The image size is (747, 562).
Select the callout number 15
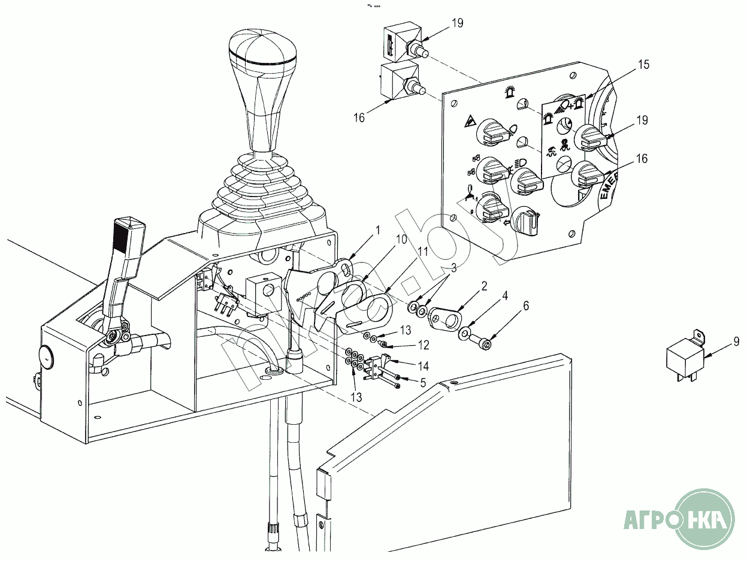pyautogui.click(x=643, y=65)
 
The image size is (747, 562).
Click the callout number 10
pyautogui.click(x=401, y=240)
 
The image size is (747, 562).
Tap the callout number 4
pyautogui.click(x=505, y=295)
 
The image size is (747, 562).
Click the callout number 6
pyautogui.click(x=525, y=306)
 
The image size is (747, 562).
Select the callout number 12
pyautogui.click(x=424, y=346)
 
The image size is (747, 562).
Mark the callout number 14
pyautogui.click(x=423, y=365)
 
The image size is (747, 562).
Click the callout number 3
pyautogui.click(x=453, y=268)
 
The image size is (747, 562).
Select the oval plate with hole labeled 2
pyautogui.click(x=447, y=318)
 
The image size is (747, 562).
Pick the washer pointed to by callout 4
pyautogui.click(x=466, y=332)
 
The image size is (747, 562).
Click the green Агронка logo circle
pyautogui.click(x=704, y=517)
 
